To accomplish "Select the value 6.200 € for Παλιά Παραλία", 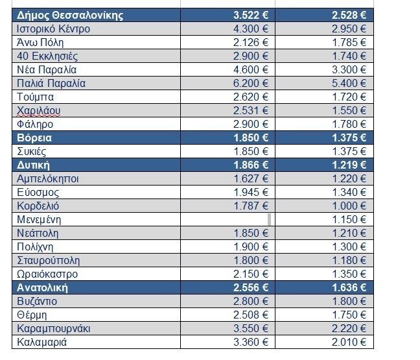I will point(251,83).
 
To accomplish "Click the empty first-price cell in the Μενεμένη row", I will point(227,219).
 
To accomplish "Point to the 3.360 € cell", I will point(251,342).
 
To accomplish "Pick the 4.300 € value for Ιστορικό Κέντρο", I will point(251,29).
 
